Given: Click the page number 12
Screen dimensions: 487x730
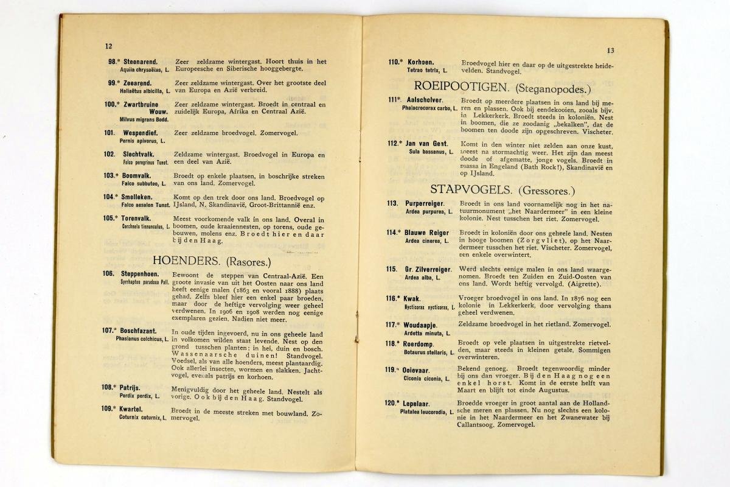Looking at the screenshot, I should click(108, 46).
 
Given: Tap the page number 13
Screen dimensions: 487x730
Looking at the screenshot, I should click(611, 51).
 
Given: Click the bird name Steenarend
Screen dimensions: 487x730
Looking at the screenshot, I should click(141, 61).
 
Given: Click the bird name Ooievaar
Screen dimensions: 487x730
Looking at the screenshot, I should click(420, 370).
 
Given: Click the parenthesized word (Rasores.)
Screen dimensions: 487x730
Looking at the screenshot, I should click(248, 262).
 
